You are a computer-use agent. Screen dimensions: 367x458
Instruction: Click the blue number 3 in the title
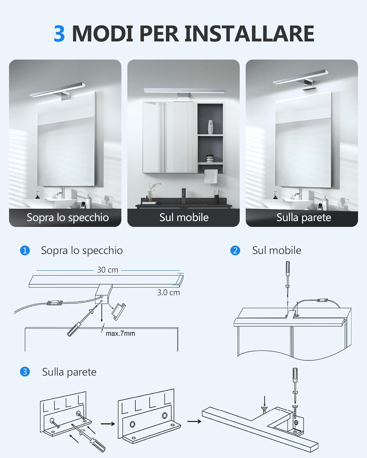click(x=59, y=34)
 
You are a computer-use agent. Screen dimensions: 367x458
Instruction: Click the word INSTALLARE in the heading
click(x=249, y=34)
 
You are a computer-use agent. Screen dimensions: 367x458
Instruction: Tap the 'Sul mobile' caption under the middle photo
click(x=184, y=217)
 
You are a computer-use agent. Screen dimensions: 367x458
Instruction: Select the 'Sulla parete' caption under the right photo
click(x=304, y=217)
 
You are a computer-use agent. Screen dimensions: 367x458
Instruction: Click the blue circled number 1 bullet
click(x=25, y=250)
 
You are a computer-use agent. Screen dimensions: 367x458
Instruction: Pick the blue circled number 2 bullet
click(x=235, y=250)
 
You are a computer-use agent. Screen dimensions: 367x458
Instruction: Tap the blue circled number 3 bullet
click(x=25, y=372)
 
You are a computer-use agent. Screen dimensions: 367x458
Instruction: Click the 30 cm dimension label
click(x=107, y=270)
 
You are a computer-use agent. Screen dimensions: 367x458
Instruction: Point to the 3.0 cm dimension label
click(x=169, y=293)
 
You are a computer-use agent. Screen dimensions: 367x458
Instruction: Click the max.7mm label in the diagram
click(x=120, y=333)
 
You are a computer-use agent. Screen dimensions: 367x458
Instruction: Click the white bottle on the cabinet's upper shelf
click(x=210, y=127)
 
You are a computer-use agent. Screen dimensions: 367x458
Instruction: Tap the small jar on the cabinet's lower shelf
click(x=209, y=158)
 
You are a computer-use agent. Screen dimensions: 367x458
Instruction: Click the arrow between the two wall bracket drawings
click(x=108, y=424)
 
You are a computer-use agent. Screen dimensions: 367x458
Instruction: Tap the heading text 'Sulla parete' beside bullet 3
click(x=69, y=372)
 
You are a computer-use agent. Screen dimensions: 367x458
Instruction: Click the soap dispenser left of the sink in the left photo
click(x=38, y=195)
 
